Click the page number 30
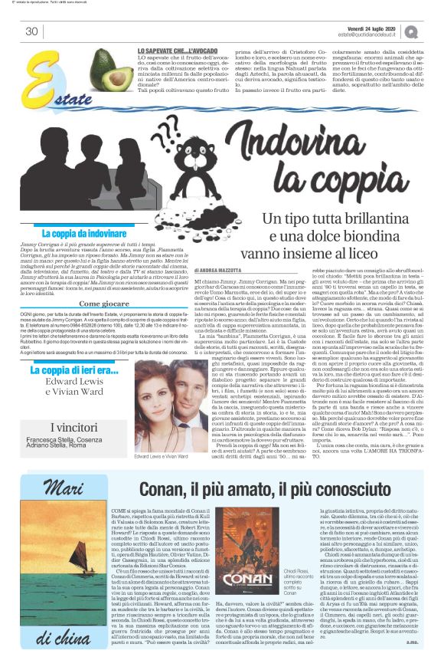tap(31, 31)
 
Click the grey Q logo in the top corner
tap(433, 31)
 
